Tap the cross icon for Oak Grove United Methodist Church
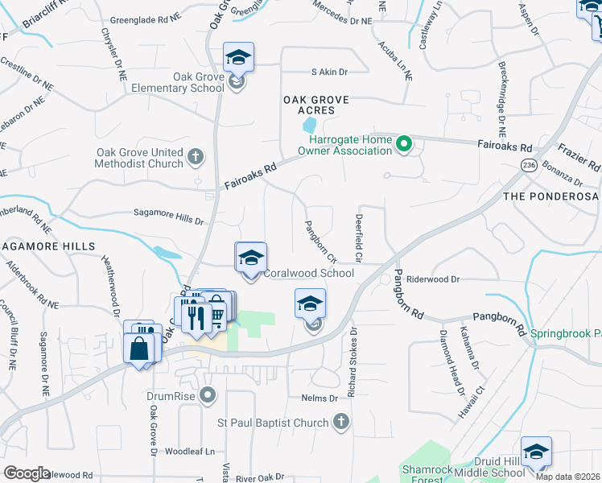[x=196, y=155]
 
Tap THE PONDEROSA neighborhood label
[x=550, y=196]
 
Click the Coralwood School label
[x=309, y=273]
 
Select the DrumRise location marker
[x=208, y=394]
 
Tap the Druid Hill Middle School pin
[x=535, y=453]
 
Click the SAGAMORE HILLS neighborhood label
[x=48, y=246]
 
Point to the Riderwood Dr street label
[x=432, y=279]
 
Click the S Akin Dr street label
[x=329, y=72]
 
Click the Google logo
[x=27, y=473]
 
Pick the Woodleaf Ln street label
[x=192, y=452]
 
